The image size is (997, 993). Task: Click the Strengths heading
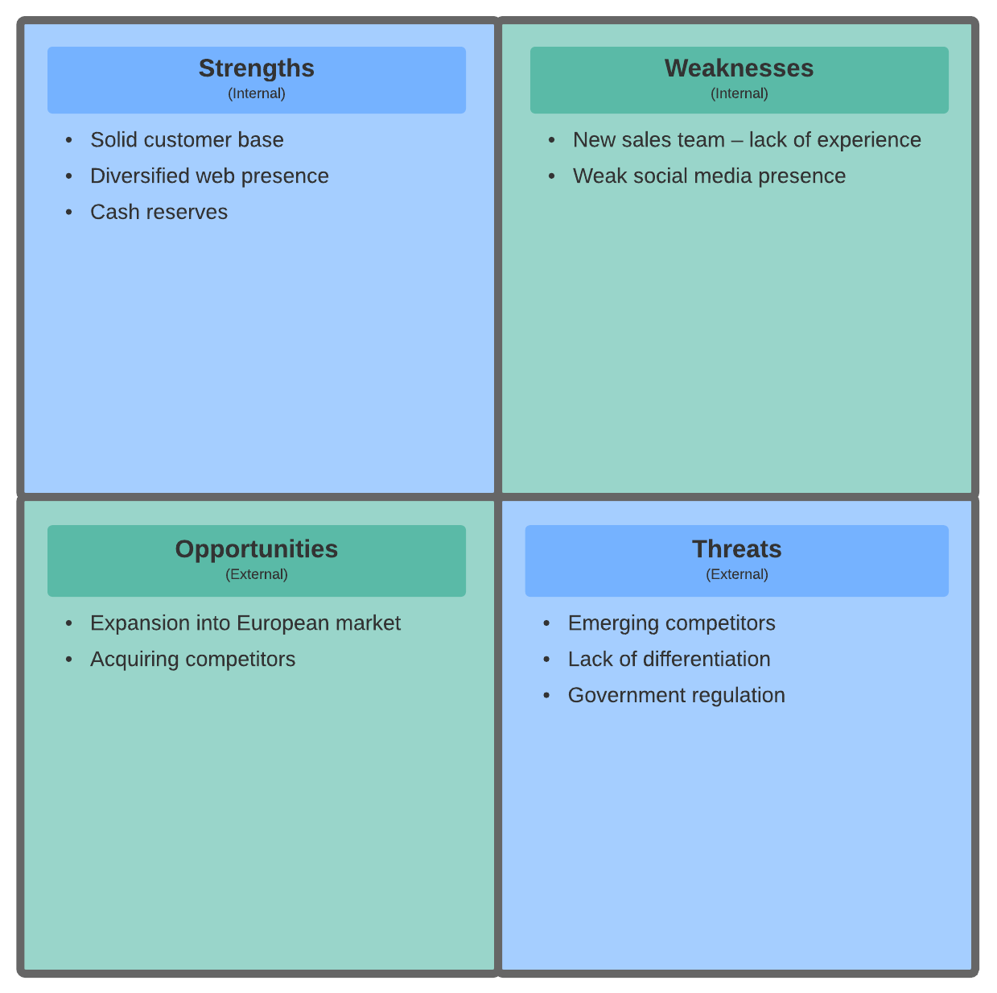click(256, 68)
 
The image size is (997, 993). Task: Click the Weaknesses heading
click(739, 68)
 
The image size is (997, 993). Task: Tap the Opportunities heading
click(256, 549)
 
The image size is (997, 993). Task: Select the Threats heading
click(736, 548)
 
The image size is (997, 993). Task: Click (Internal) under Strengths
click(256, 93)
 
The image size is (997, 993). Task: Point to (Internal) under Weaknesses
click(739, 93)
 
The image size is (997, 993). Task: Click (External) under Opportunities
click(256, 574)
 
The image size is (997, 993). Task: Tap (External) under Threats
click(736, 574)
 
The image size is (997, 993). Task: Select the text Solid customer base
click(187, 139)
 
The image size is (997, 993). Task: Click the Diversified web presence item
click(209, 176)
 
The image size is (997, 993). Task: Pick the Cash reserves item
click(159, 212)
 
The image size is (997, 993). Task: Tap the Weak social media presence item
click(709, 176)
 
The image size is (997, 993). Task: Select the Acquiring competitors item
click(192, 660)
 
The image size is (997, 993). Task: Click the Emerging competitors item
click(671, 623)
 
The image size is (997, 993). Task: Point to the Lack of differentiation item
click(669, 659)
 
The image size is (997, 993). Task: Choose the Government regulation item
click(676, 695)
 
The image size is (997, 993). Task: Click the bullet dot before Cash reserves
click(69, 212)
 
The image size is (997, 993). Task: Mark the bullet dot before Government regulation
click(546, 695)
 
